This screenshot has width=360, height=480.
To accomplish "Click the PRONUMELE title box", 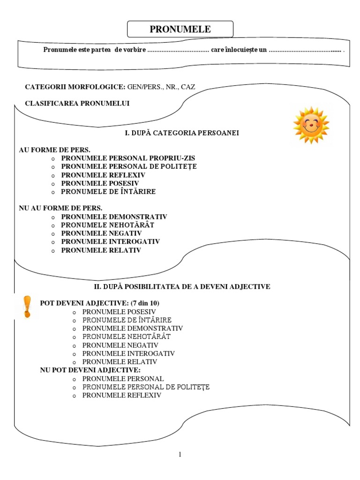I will point(180,29).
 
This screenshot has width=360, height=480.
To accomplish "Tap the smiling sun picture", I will point(311,125).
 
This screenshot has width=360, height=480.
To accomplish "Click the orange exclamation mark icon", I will point(27,307).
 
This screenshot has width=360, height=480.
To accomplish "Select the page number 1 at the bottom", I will point(180,454).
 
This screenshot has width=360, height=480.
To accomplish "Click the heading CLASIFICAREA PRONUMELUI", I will point(77,104).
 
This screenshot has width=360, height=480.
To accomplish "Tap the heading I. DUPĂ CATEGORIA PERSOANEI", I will point(182,133).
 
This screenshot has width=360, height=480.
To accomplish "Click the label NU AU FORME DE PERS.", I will point(60,208).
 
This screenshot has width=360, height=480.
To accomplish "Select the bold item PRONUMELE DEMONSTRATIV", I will point(114,217).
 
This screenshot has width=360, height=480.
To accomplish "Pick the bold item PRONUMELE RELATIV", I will point(101,250).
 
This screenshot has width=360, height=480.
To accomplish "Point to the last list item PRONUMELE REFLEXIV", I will point(122,396).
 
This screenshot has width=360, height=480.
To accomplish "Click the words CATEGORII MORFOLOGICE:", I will point(75,87).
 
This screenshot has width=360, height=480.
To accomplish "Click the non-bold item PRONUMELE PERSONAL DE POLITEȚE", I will point(146,387).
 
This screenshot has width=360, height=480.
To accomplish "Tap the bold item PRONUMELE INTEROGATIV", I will point(110,242).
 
